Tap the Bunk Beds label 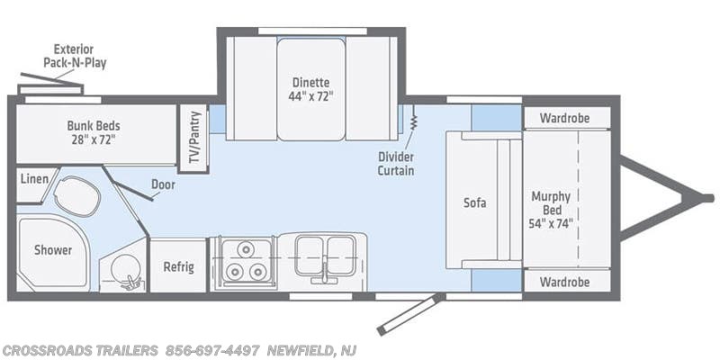[94, 131]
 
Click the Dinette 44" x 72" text [310, 89]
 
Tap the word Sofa [475, 202]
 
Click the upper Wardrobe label [564, 118]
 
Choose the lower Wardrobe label [564, 282]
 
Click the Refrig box [177, 266]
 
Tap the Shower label [54, 249]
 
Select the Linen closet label [32, 180]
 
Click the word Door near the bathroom [163, 184]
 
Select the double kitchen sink [320, 255]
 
